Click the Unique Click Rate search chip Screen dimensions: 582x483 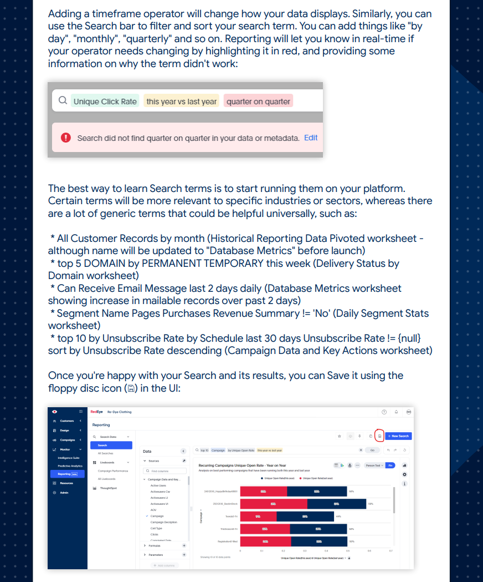105,102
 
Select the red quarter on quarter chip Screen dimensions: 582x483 258,102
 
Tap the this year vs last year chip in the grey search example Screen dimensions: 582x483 181,102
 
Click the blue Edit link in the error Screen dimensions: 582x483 311,138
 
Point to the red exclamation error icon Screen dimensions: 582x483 66,138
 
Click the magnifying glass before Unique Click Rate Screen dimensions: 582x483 63,101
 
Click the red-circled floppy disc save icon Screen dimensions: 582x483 379,436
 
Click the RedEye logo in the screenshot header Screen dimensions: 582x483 96,412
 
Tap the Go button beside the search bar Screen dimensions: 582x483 372,450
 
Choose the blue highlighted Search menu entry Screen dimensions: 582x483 111,445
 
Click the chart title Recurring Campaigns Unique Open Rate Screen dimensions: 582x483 242,465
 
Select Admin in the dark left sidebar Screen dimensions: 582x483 65,493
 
